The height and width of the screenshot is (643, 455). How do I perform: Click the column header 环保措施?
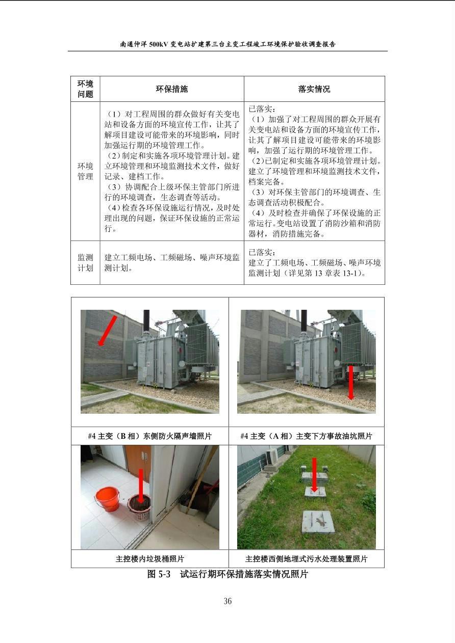(171, 89)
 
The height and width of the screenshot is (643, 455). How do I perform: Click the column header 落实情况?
(314, 89)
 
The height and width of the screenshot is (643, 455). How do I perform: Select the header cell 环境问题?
(85, 89)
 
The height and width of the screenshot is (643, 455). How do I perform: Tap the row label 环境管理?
(85, 171)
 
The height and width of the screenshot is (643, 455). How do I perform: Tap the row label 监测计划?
(85, 263)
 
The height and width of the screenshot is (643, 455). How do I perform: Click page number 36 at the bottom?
(227, 601)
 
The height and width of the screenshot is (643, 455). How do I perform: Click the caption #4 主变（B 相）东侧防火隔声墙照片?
(150, 436)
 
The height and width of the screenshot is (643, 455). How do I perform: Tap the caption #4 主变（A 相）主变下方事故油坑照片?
(306, 436)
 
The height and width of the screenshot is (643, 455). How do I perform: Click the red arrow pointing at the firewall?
(108, 330)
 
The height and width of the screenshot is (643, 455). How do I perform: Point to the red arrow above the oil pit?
(350, 383)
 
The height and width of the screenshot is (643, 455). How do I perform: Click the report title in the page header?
(227, 44)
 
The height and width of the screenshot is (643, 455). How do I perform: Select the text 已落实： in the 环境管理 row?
(262, 109)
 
